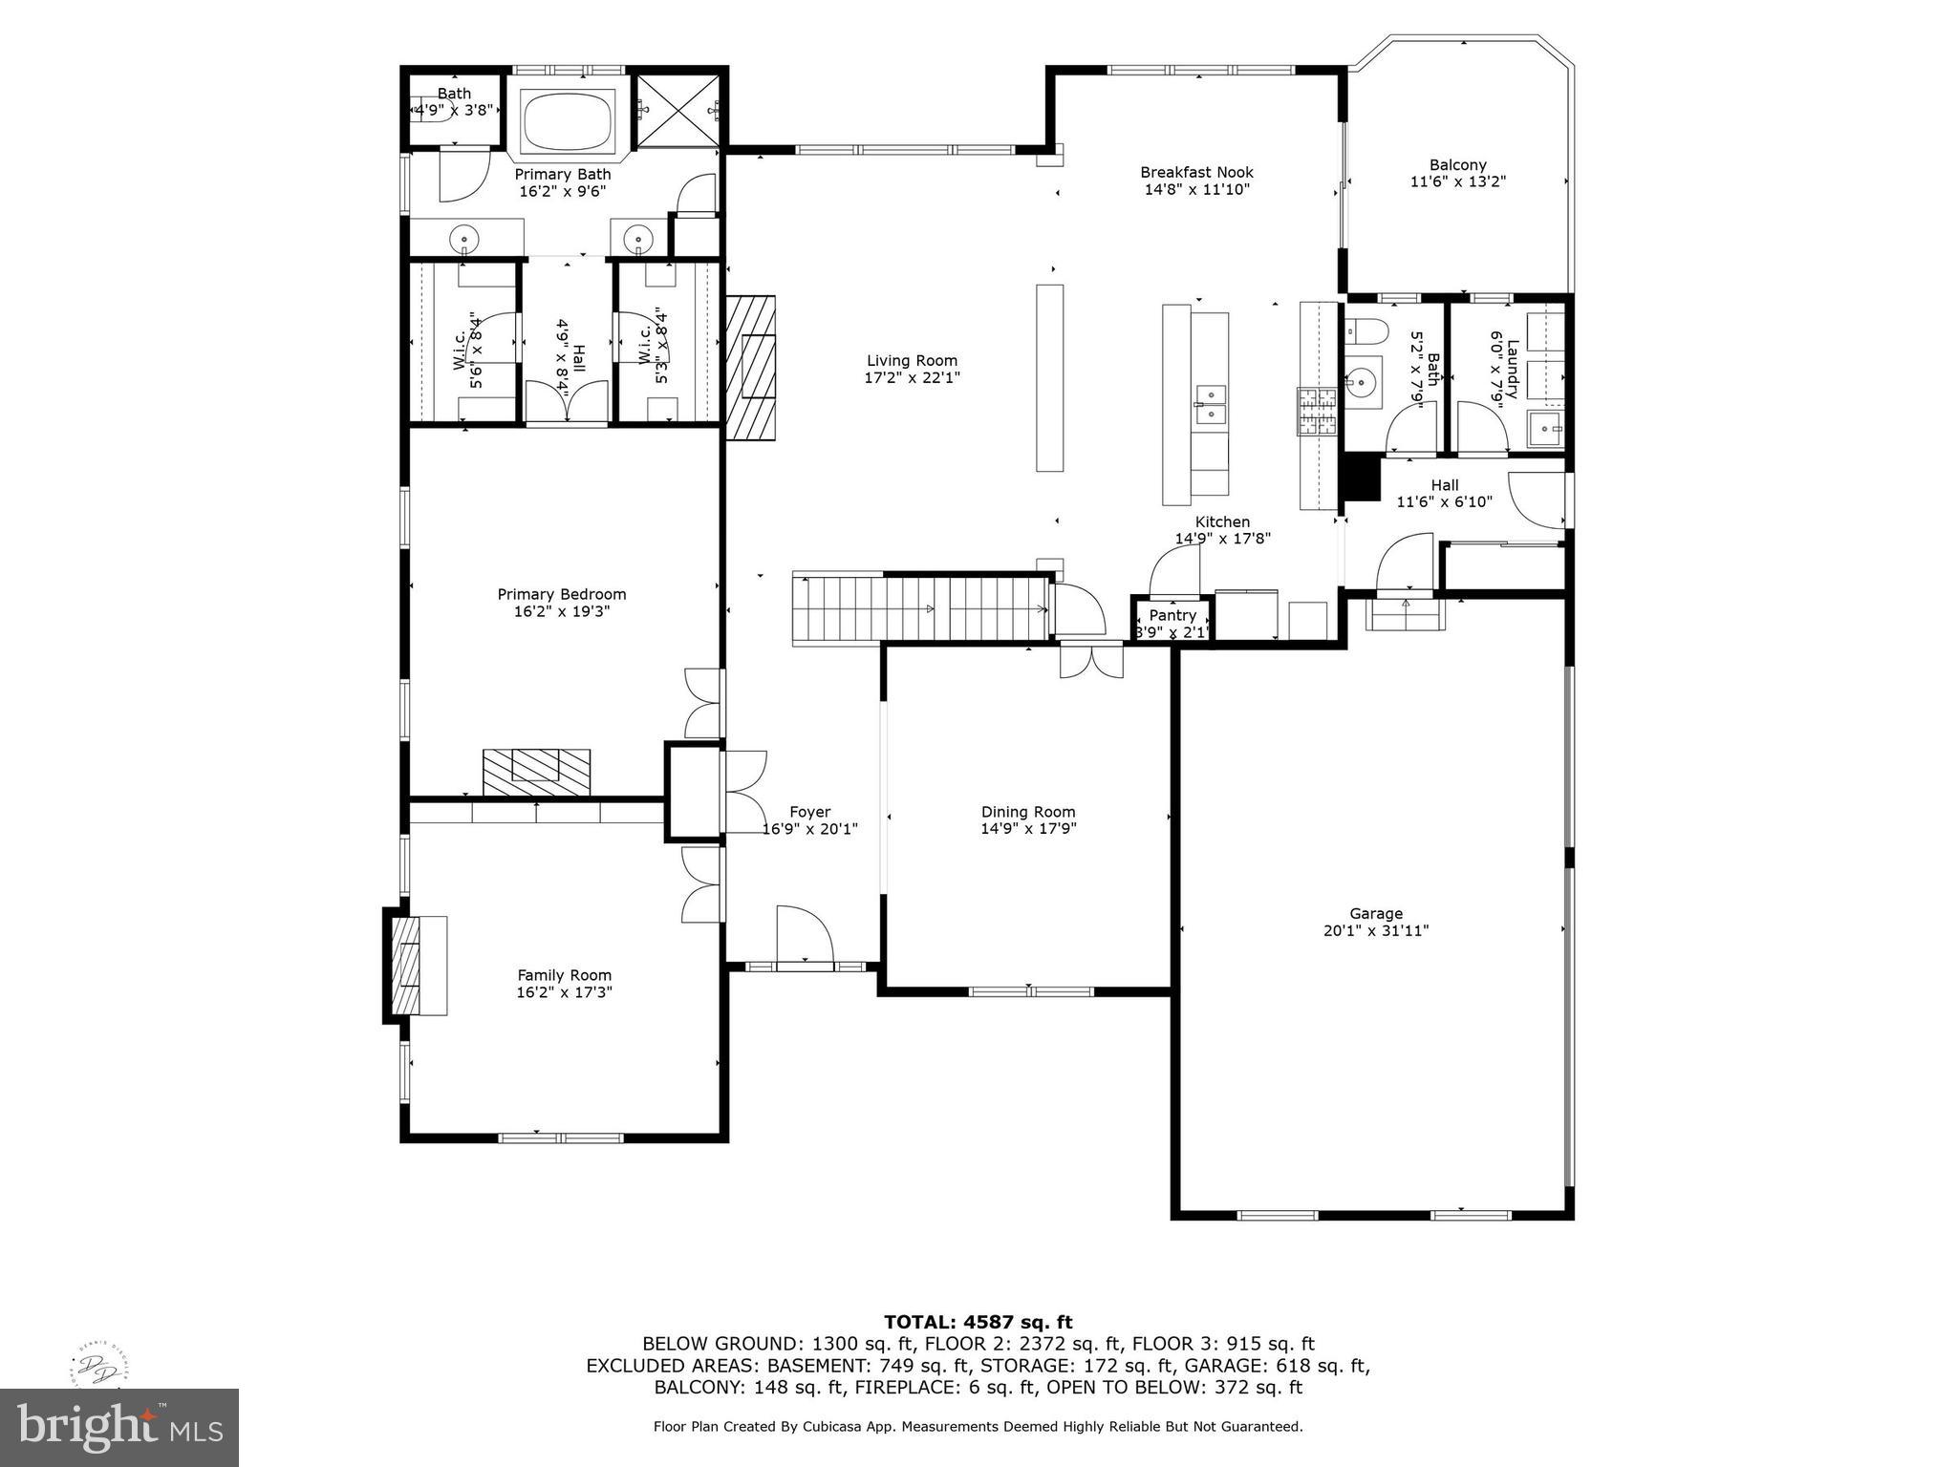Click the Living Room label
point(912,360)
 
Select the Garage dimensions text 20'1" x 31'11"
point(1375,930)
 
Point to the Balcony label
point(1457,165)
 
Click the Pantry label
point(1172,615)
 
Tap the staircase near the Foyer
point(922,609)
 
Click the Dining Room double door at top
point(1091,660)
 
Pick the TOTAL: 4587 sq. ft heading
point(978,1322)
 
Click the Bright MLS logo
point(119,1427)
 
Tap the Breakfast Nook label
point(1196,172)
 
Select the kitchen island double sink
point(1210,403)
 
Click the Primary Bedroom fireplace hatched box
point(536,772)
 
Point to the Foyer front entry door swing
point(805,934)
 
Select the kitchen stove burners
point(1316,413)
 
